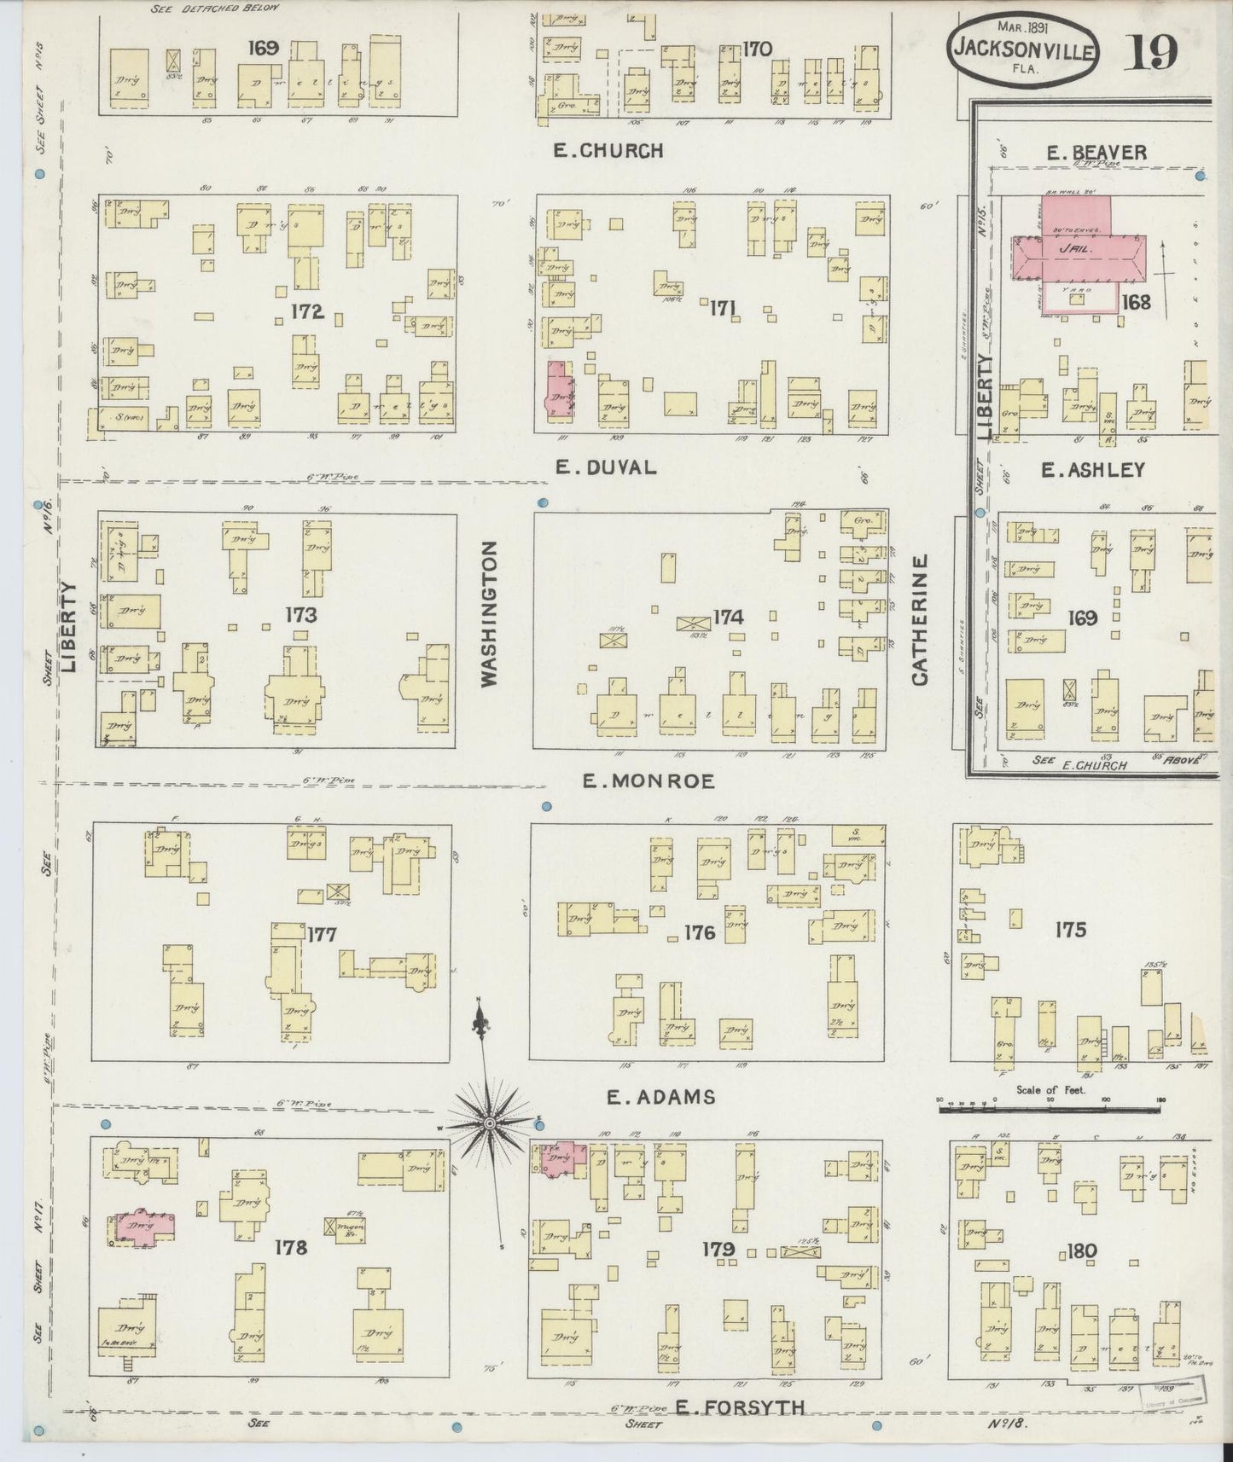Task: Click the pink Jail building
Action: (x=1078, y=248)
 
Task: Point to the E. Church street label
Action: (x=608, y=151)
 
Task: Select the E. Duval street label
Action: (x=605, y=467)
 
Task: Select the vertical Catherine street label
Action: (x=919, y=619)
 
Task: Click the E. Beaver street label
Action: (x=1096, y=153)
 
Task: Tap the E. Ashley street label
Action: (x=1092, y=470)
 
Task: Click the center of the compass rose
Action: (x=489, y=1125)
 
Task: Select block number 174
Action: (x=728, y=617)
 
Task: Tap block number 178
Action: (x=290, y=1248)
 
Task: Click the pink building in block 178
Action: (x=141, y=1227)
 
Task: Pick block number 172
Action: (x=306, y=311)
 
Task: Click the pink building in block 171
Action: (x=559, y=392)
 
